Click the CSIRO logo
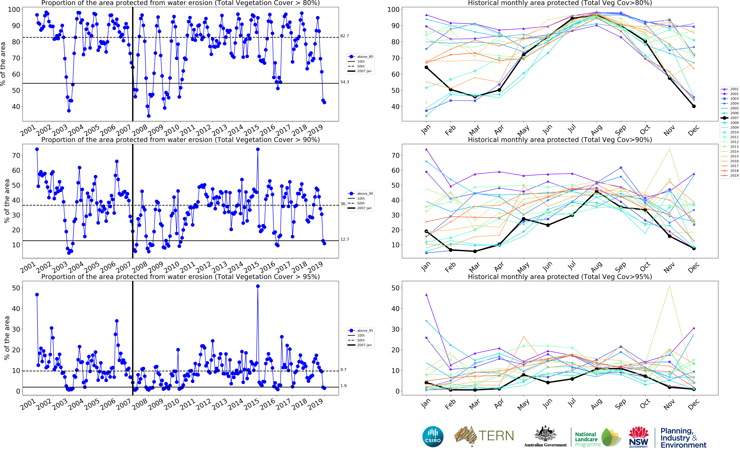(433, 436)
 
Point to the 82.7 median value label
(345, 36)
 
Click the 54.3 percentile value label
(345, 82)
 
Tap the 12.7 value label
(345, 239)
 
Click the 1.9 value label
(343, 386)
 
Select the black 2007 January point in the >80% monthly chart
(426, 68)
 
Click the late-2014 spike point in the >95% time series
(258, 286)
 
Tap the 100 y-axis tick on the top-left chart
(14, 10)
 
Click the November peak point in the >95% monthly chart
(669, 286)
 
